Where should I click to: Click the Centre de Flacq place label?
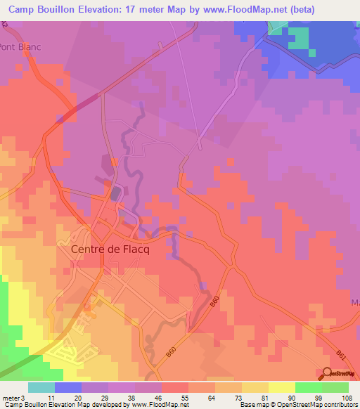(106, 248)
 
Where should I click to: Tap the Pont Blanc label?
(20, 47)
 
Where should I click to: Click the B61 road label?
(340, 356)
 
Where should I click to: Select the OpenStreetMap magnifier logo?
(327, 373)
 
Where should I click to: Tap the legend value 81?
(264, 397)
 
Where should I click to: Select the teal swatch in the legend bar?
(41, 387)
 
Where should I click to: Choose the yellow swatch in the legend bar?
(281, 387)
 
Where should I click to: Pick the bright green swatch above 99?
(308, 387)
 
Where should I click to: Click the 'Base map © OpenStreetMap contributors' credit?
(298, 405)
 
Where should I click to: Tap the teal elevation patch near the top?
(298, 39)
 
